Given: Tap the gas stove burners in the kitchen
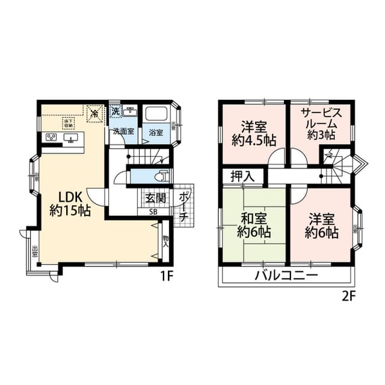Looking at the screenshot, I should (x=51, y=138).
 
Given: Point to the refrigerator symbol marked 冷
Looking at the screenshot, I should (x=93, y=112).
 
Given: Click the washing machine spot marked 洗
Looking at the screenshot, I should (x=115, y=111).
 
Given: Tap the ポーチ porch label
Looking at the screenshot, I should (x=184, y=206).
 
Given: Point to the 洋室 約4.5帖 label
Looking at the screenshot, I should (x=253, y=134).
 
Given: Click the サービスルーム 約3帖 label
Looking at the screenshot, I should (x=319, y=124).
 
